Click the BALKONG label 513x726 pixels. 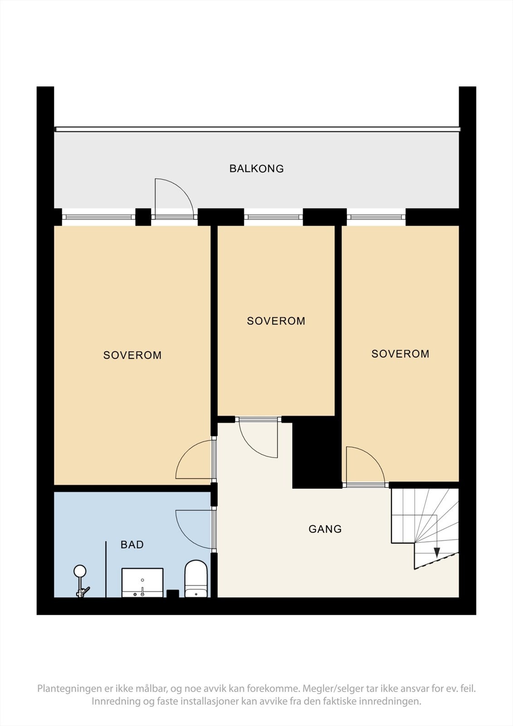(256, 168)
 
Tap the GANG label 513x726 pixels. (325, 529)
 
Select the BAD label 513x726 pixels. (132, 544)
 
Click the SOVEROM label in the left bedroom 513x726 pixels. (132, 355)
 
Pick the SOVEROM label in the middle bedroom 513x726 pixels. (276, 321)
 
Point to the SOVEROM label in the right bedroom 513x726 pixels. (400, 353)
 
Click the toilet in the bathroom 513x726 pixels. (196, 579)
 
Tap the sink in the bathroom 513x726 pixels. (142, 583)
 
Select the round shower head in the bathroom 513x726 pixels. (80, 571)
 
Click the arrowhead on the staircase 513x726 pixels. (437, 552)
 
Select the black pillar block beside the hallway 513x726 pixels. (317, 452)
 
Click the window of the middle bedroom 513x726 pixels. (273, 217)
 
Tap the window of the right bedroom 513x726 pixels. (376, 217)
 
